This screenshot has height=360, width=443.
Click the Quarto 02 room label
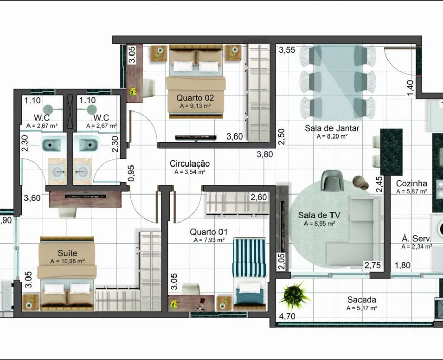coord(195,98)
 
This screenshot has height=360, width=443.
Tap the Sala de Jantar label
coord(332,128)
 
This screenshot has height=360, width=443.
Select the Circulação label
coord(189,163)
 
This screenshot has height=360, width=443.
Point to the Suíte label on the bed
coord(67,253)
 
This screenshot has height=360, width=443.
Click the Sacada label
coord(362,299)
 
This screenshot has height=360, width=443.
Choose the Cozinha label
coord(411,183)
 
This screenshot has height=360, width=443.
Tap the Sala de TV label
coord(319,215)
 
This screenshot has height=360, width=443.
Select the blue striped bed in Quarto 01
coord(249,273)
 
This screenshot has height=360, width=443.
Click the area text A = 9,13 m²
coord(195,106)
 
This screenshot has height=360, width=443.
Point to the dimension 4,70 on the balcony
coord(287,316)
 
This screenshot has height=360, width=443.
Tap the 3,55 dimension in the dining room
coord(287,50)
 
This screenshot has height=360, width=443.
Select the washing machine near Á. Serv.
coord(437,228)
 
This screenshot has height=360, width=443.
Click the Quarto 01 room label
coord(208,232)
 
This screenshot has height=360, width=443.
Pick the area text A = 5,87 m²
coord(411,191)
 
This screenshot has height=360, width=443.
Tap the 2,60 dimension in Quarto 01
coord(259,197)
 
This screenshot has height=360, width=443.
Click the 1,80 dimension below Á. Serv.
coord(402,265)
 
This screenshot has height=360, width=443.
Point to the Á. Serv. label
coord(417,238)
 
